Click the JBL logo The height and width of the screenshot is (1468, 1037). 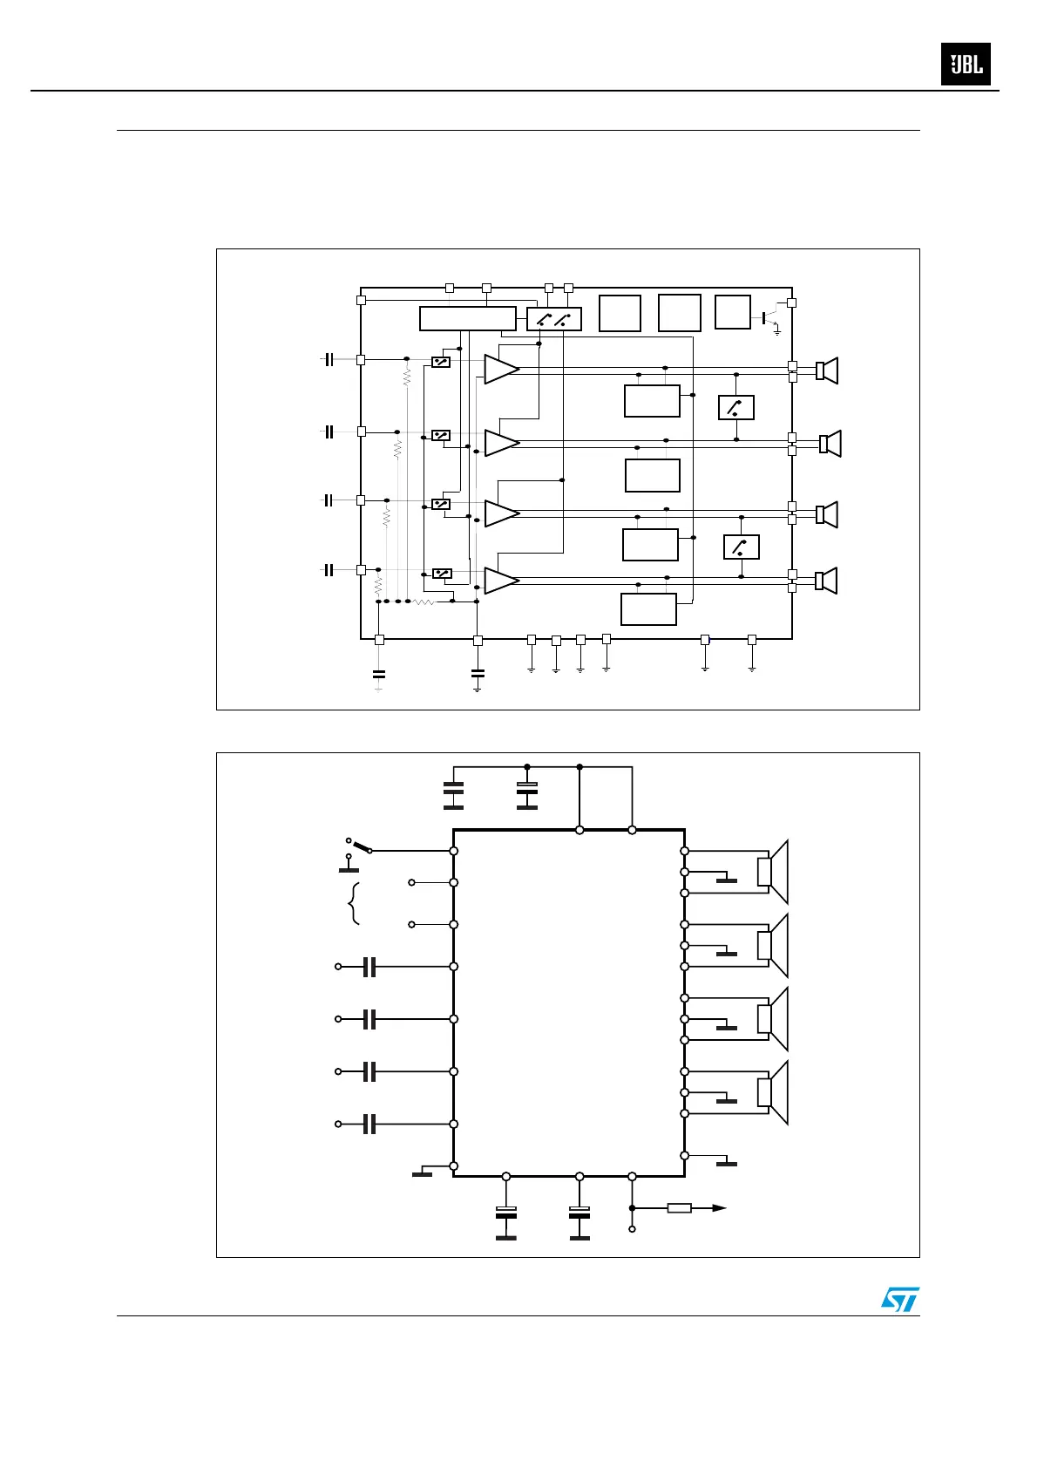[x=966, y=65]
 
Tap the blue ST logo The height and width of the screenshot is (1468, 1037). [x=899, y=1300]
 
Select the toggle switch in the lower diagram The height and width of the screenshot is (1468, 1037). [x=359, y=846]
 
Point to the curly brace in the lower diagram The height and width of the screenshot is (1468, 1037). [x=354, y=903]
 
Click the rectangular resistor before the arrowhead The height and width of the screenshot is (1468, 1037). [x=679, y=1208]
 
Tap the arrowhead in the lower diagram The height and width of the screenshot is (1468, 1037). [x=719, y=1208]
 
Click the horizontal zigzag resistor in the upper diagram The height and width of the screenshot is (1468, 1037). [x=424, y=601]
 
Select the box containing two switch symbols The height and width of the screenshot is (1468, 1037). [x=553, y=319]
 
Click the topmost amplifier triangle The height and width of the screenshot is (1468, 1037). [x=500, y=369]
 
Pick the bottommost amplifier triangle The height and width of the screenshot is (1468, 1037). [x=500, y=581]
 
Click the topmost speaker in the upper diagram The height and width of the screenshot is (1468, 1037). [x=827, y=370]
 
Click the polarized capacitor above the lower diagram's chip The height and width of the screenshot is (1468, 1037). [x=527, y=791]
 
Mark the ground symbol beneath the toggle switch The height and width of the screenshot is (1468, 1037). [x=349, y=868]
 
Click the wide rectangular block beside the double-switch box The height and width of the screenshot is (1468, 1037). [x=467, y=319]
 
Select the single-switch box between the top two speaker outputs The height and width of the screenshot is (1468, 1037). [x=735, y=407]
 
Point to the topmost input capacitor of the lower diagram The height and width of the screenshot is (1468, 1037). [x=369, y=967]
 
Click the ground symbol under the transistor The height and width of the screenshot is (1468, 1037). [x=777, y=333]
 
